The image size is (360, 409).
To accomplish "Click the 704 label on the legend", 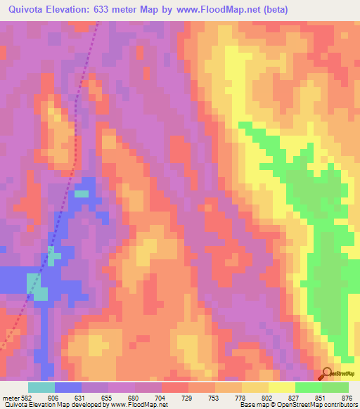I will tap(162, 397).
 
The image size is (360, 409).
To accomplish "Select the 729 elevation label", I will tap(188, 397).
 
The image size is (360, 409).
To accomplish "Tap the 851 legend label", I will tap(321, 397).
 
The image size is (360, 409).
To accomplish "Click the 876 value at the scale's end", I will tap(346, 397).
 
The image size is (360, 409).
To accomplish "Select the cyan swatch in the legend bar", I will tap(41, 387).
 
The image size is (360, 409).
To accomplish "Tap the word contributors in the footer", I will tap(337, 405).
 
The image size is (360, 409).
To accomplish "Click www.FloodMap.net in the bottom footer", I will tap(133, 405).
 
